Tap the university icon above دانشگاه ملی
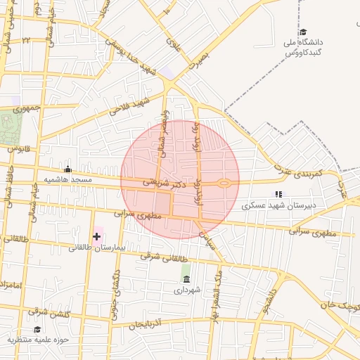pos(303,32)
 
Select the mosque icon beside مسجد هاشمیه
pos(67,169)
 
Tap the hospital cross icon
pos(96,236)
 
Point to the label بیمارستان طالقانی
pos(96,247)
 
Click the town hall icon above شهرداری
pos(186,279)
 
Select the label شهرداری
pos(188,289)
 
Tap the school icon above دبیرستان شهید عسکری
pos(278,194)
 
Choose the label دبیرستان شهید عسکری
pos(278,206)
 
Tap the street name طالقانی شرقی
pos(155,257)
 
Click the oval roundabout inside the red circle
pos(224,184)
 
